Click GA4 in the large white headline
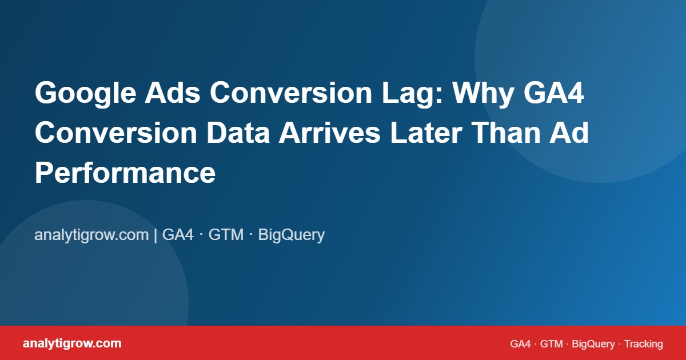tap(553, 94)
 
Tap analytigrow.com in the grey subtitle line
tap(91, 235)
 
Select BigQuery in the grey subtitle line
tap(292, 235)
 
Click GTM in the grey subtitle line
tap(226, 235)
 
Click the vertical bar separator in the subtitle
tap(155, 235)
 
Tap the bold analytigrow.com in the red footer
tap(72, 343)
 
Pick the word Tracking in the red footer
tap(644, 344)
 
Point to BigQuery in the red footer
tap(593, 344)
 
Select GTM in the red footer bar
tap(552, 344)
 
